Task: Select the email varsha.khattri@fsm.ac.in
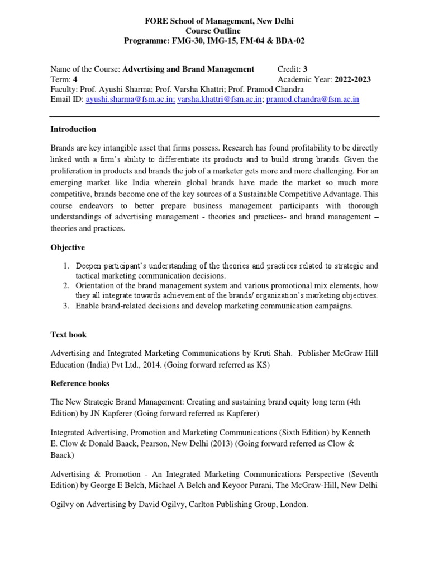tap(220, 100)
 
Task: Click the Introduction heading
tap(73, 129)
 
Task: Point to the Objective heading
tap(68, 247)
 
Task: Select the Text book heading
tap(69, 335)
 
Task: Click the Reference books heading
tap(80, 383)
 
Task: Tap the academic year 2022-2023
tap(352, 79)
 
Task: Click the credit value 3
tap(306, 69)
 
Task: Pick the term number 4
tap(75, 79)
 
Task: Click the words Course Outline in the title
tap(215, 31)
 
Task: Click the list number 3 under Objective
tap(65, 306)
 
